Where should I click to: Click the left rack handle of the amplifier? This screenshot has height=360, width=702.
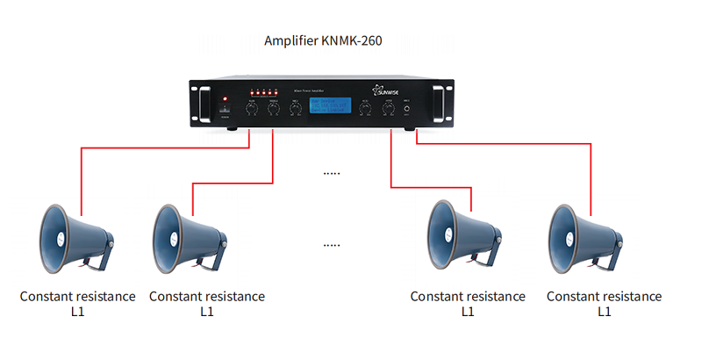[203, 102]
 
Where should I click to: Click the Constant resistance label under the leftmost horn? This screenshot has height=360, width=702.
[78, 297]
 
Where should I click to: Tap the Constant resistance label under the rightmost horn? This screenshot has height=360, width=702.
[604, 297]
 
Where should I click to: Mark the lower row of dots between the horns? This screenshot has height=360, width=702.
[331, 244]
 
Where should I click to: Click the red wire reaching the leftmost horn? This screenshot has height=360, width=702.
[82, 180]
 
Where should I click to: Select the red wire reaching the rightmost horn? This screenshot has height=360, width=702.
[591, 180]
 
